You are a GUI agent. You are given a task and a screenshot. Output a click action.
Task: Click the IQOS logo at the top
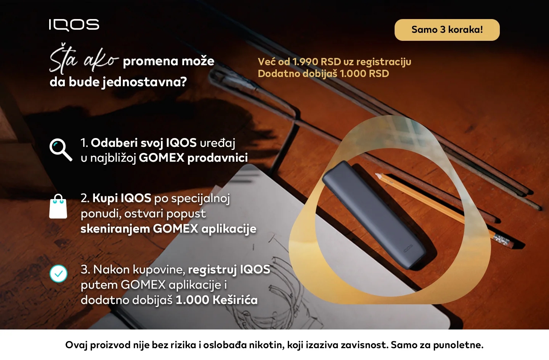74,25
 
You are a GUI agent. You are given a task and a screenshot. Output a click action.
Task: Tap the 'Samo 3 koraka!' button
447,30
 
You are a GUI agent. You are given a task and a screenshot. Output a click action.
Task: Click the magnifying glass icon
60,149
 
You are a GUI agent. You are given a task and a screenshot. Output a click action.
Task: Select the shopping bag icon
58,207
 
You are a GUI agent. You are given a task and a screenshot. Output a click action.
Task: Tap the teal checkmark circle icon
58,273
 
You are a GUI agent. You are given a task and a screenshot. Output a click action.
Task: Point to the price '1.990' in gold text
305,62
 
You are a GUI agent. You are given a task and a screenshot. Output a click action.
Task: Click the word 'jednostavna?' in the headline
144,82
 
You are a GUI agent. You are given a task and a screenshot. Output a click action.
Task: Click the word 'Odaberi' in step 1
114,143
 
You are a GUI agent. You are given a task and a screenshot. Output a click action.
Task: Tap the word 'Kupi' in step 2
105,198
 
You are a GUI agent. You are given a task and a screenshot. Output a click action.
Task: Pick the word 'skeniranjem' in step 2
115,229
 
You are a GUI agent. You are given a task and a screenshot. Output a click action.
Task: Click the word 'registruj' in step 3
212,270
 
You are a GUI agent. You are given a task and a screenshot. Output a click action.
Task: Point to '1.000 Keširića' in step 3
216,300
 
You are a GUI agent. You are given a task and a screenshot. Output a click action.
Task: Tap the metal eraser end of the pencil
502,240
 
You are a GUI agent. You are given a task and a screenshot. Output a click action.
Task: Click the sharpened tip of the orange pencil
379,176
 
